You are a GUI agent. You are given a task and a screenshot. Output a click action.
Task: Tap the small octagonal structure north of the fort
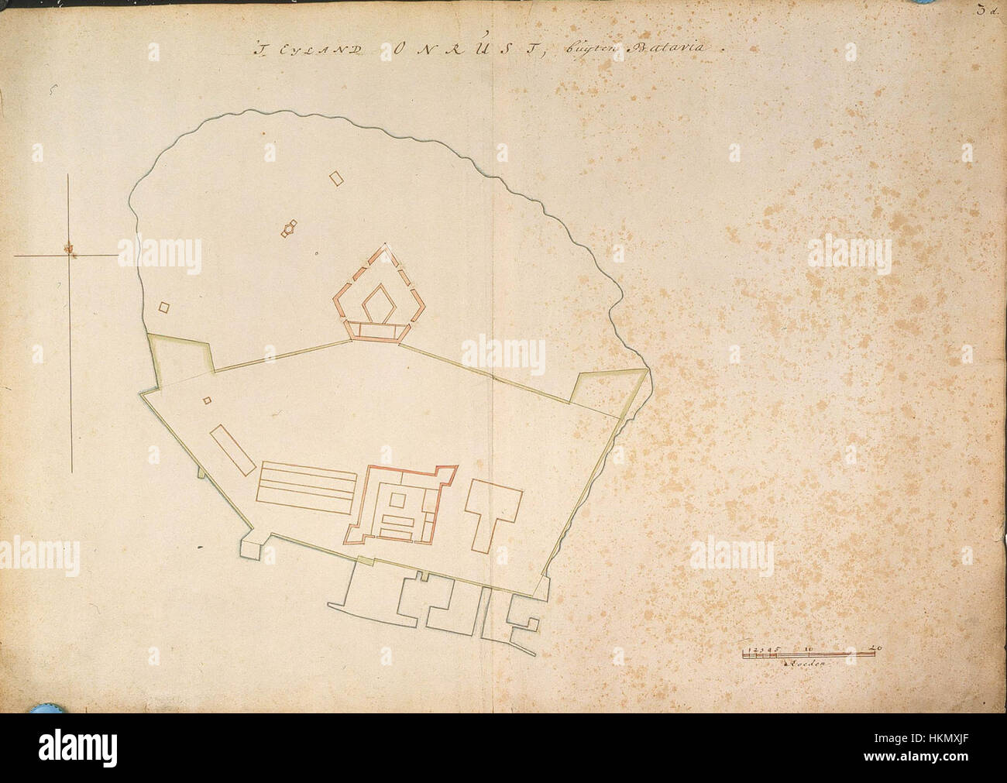(289, 228)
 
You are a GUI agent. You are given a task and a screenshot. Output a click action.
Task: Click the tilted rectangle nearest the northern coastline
(335, 178)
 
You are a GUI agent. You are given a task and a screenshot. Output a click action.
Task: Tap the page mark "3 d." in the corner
(989, 10)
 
